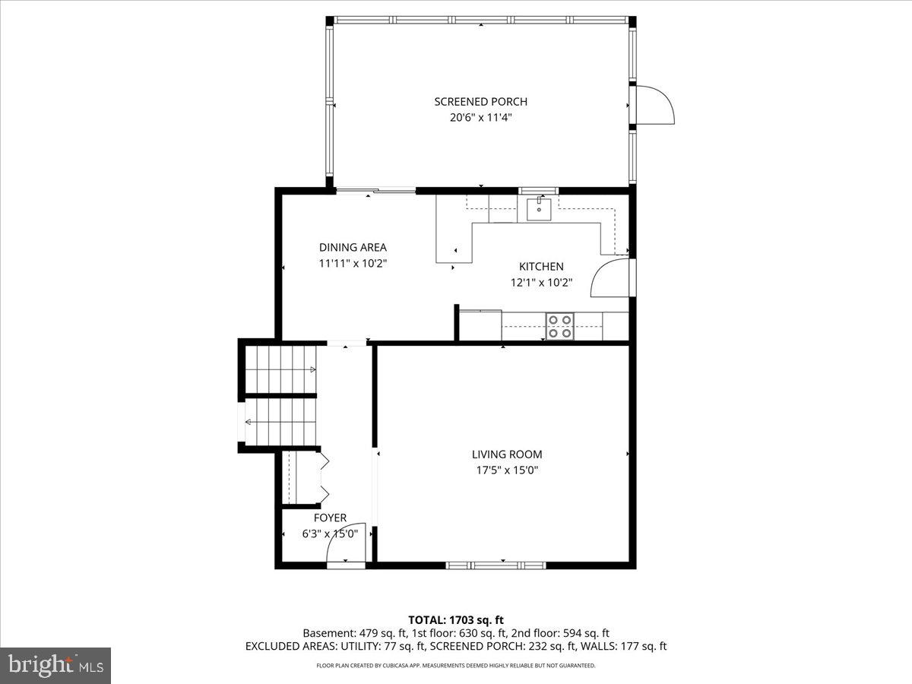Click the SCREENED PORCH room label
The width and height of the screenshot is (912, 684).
pos(480,102)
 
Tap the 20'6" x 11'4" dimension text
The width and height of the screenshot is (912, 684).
pos(480,118)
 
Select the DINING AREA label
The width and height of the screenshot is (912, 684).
pos(353,247)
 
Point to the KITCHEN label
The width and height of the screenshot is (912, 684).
pos(541,266)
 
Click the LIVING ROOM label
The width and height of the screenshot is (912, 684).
pos(507,454)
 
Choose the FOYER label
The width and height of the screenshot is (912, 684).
pos(330,518)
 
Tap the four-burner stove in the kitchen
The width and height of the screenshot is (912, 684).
pos(560,326)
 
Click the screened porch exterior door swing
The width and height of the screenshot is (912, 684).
pos(654,105)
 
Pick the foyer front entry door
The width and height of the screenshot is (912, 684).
pos(347,544)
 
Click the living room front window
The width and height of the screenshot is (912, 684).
pos(496,565)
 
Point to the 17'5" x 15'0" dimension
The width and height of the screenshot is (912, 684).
pos(507,470)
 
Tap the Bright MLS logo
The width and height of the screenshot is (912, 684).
pos(55,666)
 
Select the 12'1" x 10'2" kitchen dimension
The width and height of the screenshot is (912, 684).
pos(541,282)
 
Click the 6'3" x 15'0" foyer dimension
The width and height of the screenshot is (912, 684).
pos(330,534)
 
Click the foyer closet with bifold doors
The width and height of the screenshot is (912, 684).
pos(302,477)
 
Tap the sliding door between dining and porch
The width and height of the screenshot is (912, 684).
pos(376,191)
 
